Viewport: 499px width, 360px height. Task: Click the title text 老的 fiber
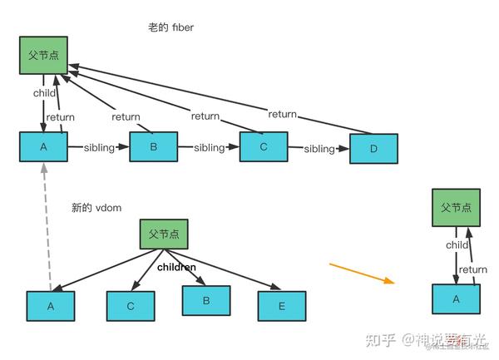(x=171, y=27)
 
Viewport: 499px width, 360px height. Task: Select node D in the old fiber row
(x=372, y=149)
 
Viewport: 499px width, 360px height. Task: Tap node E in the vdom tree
(x=282, y=305)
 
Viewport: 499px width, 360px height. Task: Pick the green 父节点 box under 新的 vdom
(x=164, y=234)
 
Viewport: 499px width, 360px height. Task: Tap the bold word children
(x=176, y=267)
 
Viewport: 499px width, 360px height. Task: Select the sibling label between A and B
(x=105, y=147)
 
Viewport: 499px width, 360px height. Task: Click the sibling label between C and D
(x=319, y=149)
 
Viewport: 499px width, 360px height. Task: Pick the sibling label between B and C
(x=209, y=147)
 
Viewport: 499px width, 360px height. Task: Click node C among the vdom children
(x=131, y=305)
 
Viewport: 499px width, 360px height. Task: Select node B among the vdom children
(x=206, y=300)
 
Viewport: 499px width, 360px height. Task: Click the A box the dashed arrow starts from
(x=50, y=305)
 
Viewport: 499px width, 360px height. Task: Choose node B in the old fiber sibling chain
(x=154, y=147)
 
